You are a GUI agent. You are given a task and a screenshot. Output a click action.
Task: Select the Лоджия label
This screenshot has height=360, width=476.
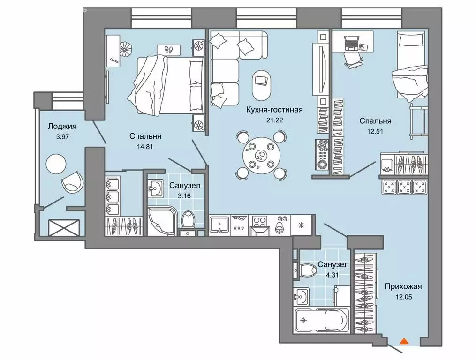[x=61, y=126]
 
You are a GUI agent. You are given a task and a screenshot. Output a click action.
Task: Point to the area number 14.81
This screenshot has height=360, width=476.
[x=145, y=146]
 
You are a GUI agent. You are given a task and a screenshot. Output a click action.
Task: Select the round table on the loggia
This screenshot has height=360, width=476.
[x=55, y=163]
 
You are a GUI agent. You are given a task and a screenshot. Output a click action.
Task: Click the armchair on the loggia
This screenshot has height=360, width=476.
[x=73, y=181]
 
